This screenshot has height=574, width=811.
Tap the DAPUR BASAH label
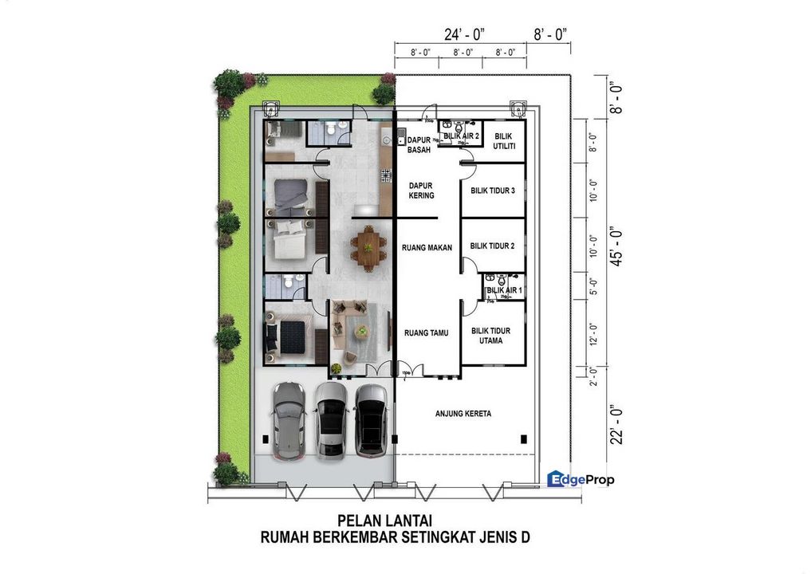pos(419,144)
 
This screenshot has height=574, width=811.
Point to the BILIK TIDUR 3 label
pos(492,191)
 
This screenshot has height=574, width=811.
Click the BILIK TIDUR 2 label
pos(492,246)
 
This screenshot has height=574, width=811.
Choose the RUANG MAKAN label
pos(427,247)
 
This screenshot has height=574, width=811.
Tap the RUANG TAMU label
pos(424,333)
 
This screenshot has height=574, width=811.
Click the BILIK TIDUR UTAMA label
pos(491,336)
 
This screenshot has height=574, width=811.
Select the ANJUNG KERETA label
pos(463,413)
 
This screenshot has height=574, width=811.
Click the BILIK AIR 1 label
pos(504,291)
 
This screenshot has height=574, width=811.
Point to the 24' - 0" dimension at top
pos(465,33)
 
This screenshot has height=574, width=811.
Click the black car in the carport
pos(371,420)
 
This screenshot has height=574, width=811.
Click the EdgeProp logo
pos(581,478)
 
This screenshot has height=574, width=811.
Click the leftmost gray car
pos(288,421)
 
